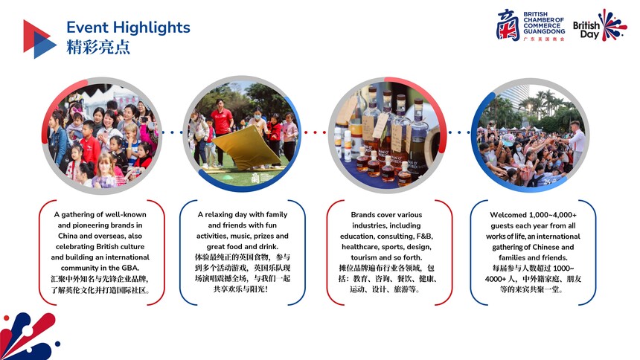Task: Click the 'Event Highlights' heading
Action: pos(128,28)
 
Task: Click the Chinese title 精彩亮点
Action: pos(98,47)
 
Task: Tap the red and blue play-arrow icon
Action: pos(39,39)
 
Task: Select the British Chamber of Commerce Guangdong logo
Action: pos(531,25)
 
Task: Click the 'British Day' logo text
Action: pos(586,30)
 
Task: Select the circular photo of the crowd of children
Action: pos(102,135)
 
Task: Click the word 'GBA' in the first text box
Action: pos(129,269)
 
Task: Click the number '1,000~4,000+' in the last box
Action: pos(553,215)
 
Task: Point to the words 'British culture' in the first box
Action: pos(120,246)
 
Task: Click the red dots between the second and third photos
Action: pos(314,132)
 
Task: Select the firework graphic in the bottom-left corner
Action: pos(28,336)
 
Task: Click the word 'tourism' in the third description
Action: pos(364,257)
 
